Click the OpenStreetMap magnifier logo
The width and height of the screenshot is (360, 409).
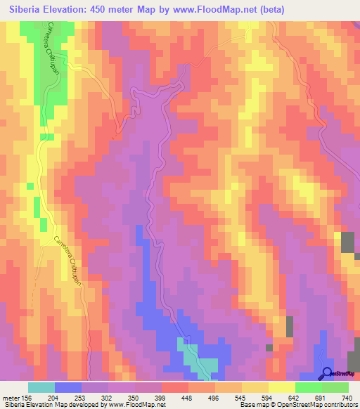point(327,373)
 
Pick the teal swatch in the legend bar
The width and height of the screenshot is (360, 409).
point(41,387)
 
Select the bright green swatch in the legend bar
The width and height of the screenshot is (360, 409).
point(309,387)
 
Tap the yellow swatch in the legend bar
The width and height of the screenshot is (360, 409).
point(255,387)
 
